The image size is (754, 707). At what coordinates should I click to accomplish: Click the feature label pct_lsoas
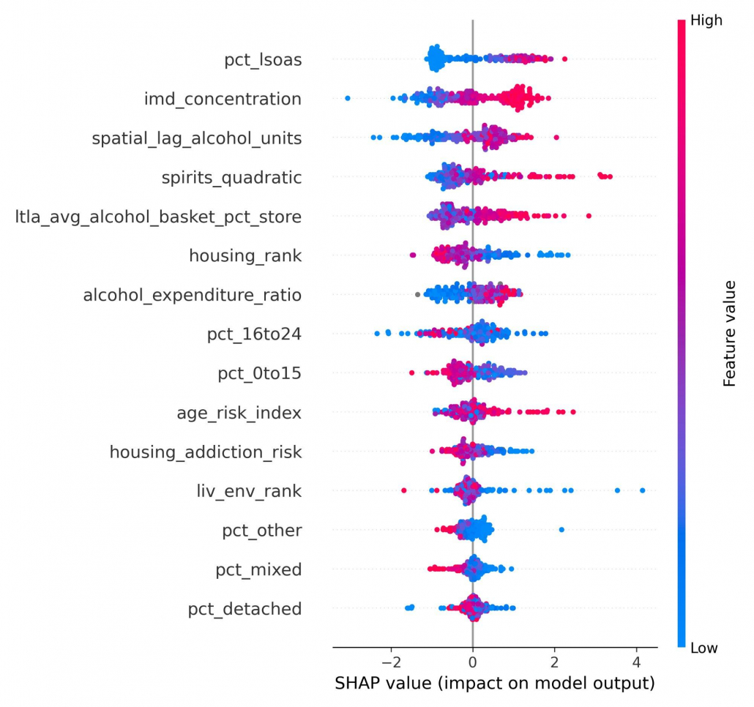tap(263, 60)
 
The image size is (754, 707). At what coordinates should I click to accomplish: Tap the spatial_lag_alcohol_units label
tap(196, 138)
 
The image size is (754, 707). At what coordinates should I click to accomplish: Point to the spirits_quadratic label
tap(231, 177)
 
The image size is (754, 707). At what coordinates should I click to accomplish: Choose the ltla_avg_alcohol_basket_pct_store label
tap(158, 217)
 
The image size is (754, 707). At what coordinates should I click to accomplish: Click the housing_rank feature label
tap(245, 255)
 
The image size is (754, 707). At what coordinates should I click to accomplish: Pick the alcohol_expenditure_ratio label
tap(192, 295)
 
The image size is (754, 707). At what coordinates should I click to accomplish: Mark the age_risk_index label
tap(239, 413)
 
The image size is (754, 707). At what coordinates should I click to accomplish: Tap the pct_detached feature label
tap(245, 609)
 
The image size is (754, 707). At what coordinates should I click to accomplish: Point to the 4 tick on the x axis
tap(636, 662)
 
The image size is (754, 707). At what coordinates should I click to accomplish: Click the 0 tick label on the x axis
tap(473, 662)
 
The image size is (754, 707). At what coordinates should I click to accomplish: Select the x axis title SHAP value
tap(494, 684)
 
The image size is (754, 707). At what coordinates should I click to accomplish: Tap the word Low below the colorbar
tap(704, 648)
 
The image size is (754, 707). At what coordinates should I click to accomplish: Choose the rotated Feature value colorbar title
tap(729, 333)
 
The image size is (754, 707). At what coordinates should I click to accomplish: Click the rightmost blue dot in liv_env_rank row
tap(643, 490)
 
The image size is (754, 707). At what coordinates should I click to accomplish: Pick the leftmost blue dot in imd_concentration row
tap(347, 98)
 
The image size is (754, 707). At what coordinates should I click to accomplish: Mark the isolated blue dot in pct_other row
tap(561, 529)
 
